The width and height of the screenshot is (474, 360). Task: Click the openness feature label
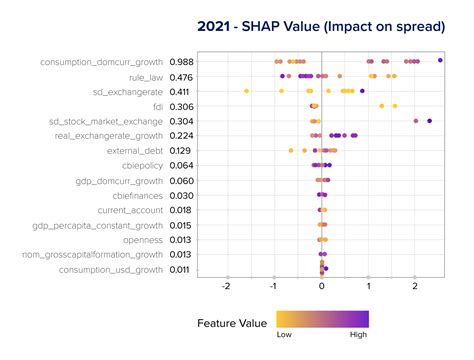click(x=139, y=240)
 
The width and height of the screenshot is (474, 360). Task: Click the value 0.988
click(x=182, y=62)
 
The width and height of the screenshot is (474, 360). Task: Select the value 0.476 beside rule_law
click(x=182, y=77)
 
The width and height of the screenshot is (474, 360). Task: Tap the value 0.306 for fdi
click(x=182, y=106)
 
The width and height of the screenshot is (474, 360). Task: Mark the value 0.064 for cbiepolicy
click(x=182, y=166)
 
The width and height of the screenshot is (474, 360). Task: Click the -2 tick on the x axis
click(x=227, y=286)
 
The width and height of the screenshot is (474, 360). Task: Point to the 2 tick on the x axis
click(x=415, y=286)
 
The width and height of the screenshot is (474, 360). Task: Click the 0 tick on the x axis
click(x=321, y=286)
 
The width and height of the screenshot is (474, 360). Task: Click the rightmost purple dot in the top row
click(x=440, y=61)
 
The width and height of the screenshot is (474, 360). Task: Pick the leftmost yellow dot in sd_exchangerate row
click(x=246, y=92)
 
